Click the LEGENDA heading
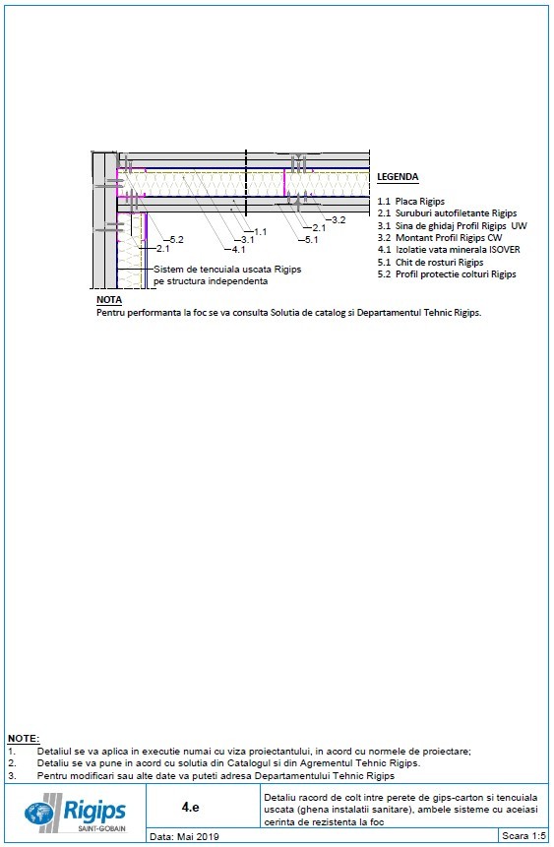point(398,178)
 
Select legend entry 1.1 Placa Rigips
point(411,202)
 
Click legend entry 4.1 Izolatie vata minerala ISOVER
point(449,250)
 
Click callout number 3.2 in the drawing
point(338,218)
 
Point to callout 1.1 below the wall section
point(261,231)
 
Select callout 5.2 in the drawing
point(177,240)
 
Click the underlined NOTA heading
point(109,299)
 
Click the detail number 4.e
point(191,807)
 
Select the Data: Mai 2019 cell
point(184,837)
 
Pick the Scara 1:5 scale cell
point(523,837)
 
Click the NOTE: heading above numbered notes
point(24,738)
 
